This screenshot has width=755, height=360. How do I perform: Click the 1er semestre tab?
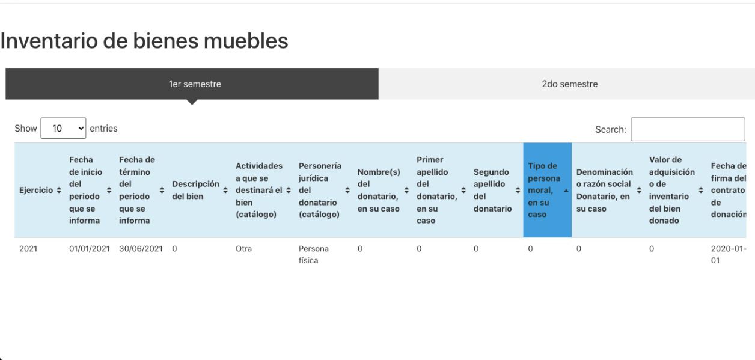click(x=192, y=84)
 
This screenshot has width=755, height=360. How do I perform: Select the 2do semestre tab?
click(x=570, y=84)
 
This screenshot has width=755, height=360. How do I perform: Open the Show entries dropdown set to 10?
click(x=63, y=128)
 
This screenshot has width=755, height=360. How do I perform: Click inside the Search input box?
click(x=688, y=129)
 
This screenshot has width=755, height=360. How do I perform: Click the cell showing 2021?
click(x=28, y=249)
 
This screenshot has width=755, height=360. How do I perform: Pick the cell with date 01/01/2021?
click(x=90, y=249)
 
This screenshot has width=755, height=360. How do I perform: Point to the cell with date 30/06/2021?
click(x=141, y=249)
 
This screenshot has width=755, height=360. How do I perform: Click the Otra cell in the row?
click(x=243, y=249)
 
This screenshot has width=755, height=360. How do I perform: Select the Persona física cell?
click(x=313, y=254)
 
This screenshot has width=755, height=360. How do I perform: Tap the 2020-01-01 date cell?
click(x=729, y=254)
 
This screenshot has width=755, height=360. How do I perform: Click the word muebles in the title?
click(x=246, y=41)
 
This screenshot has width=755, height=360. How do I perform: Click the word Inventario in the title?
click(x=49, y=41)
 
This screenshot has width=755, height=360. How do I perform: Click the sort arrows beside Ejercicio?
click(x=59, y=190)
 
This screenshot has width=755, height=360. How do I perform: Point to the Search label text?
click(x=610, y=129)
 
